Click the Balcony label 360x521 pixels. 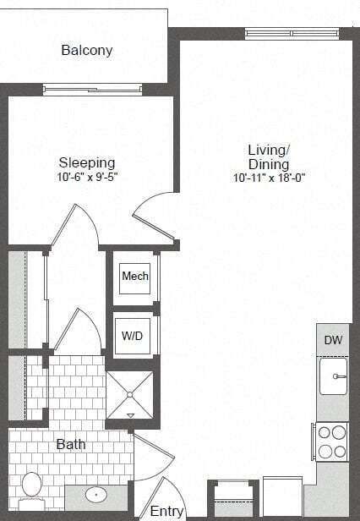point(87,51)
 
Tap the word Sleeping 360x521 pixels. point(87,162)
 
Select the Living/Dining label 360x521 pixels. point(269,157)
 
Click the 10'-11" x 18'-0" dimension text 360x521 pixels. point(269,178)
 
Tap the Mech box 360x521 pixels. point(135,277)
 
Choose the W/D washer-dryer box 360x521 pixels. point(133,336)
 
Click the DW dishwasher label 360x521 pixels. point(333,340)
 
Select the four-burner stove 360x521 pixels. point(331,441)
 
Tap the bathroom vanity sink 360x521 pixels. point(95,495)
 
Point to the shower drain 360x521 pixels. point(130,394)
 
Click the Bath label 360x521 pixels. point(71,444)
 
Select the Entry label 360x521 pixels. point(167,511)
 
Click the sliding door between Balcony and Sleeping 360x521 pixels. point(92,88)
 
